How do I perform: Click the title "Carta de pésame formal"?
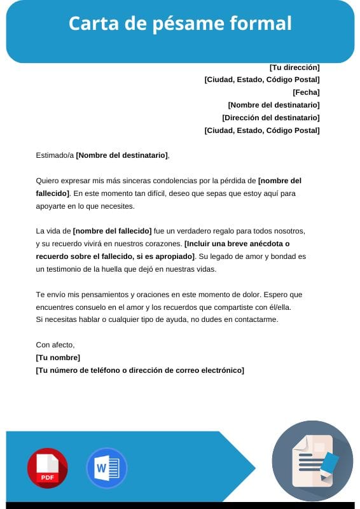tap(180, 24)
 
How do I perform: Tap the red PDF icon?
tap(47, 468)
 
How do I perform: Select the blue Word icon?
tap(106, 468)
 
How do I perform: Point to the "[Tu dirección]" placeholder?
tap(294, 67)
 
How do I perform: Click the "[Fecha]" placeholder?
tap(306, 92)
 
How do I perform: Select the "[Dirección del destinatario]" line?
tap(271, 118)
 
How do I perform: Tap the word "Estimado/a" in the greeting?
tap(55, 155)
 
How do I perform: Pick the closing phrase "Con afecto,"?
tap(55, 345)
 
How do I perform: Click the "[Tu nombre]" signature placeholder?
tap(58, 358)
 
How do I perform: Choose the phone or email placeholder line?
tap(140, 370)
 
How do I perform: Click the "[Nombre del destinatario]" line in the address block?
tap(273, 105)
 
